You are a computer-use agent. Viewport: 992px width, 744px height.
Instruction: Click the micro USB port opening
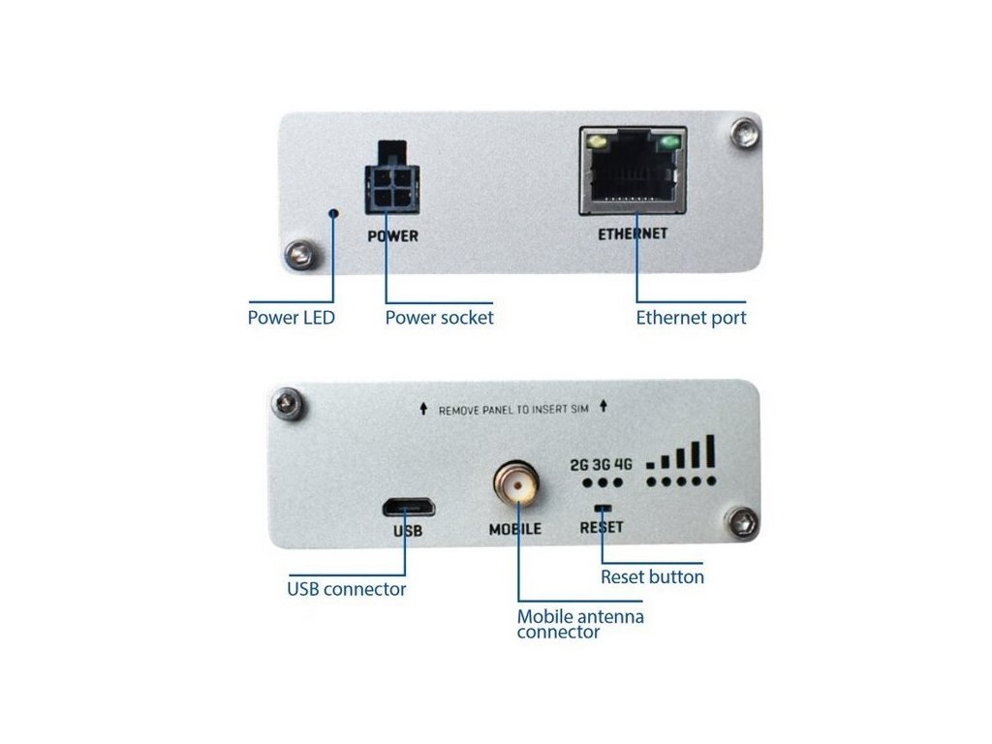click(x=407, y=507)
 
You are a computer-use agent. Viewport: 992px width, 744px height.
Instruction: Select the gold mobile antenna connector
click(x=515, y=483)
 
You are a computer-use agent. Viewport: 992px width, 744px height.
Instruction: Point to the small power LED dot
click(x=334, y=213)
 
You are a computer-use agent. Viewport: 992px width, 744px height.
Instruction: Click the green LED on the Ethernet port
click(x=667, y=145)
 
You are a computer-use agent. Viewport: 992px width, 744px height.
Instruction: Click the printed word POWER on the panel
click(x=392, y=235)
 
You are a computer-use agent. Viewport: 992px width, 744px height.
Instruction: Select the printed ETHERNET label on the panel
click(x=633, y=233)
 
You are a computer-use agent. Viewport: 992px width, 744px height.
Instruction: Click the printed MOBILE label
click(x=515, y=530)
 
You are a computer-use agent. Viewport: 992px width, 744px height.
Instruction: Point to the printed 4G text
click(x=623, y=464)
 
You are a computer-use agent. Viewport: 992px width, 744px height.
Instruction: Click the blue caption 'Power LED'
click(x=292, y=317)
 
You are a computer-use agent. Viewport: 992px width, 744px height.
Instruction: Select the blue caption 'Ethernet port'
click(x=691, y=317)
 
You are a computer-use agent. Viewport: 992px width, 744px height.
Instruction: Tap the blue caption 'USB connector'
click(x=347, y=589)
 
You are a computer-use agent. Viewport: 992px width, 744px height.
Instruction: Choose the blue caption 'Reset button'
click(x=652, y=576)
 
